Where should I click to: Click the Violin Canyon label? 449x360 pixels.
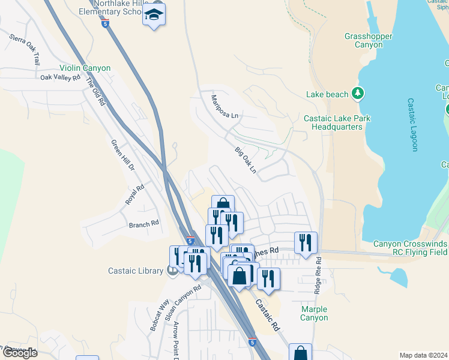pos(85,68)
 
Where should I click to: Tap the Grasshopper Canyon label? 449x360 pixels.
pos(369,41)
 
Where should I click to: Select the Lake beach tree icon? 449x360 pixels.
pos(358,93)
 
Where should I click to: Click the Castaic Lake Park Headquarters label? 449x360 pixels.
pos(337,122)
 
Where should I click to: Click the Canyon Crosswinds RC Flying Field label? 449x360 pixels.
pos(410,248)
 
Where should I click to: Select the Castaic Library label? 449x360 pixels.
pos(137,271)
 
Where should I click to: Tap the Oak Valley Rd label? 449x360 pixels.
pos(60,77)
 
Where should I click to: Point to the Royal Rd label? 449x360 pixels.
pos(135,195)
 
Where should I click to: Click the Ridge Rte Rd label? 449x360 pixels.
pos(318,275)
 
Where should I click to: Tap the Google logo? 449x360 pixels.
pos(19,353)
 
